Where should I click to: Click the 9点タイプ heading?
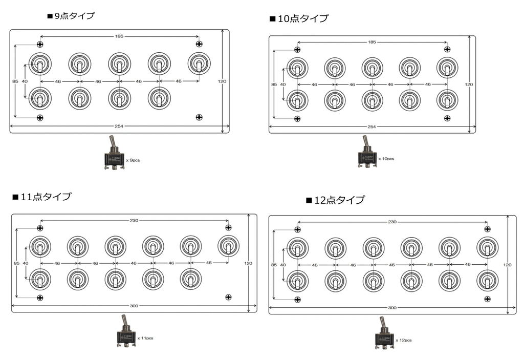tap(71, 16)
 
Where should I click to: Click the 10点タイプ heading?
tap(299, 18)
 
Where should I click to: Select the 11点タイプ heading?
tap(42, 197)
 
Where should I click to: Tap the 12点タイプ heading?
tap(336, 200)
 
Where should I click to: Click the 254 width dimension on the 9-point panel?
tap(119, 126)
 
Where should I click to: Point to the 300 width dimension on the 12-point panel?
tap(392, 307)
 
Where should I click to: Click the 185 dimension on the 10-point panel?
tap(372, 42)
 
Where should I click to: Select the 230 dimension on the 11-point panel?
tap(134, 221)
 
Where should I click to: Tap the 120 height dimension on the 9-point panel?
tap(222, 81)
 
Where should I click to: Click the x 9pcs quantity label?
tap(133, 160)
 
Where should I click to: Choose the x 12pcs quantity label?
tap(404, 340)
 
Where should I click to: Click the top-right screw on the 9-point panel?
tap(199, 44)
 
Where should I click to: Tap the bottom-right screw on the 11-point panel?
tap(229, 297)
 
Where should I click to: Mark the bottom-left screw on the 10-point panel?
tap(297, 119)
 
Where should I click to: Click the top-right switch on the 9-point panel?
tap(199, 63)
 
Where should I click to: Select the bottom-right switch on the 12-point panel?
tap(488, 281)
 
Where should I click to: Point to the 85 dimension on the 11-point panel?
tap(17, 263)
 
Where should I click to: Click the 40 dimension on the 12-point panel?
tap(283, 265)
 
